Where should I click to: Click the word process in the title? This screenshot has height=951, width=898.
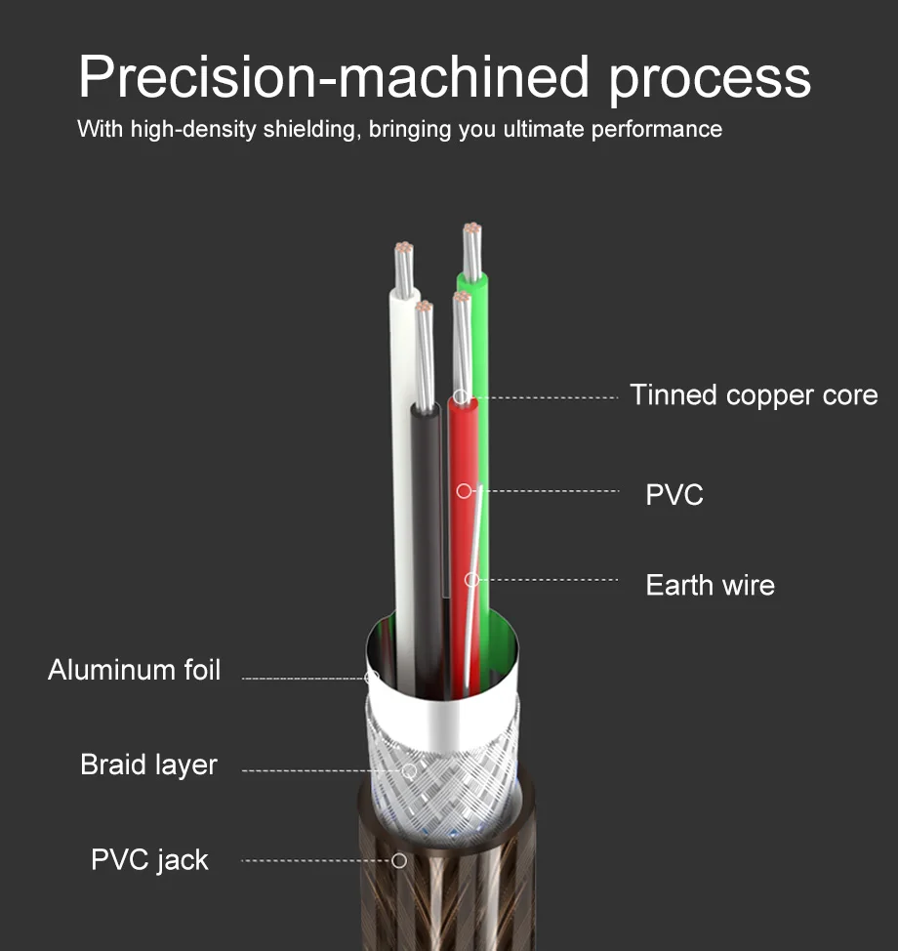click(710, 78)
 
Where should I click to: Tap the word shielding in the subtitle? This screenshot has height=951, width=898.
click(312, 129)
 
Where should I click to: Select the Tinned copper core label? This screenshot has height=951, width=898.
click(753, 395)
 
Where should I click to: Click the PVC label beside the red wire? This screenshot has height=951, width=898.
click(674, 494)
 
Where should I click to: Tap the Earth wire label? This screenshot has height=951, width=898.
click(710, 586)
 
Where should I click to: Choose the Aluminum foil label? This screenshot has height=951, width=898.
click(134, 670)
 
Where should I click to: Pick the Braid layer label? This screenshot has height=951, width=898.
click(148, 765)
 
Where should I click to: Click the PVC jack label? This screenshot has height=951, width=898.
click(149, 860)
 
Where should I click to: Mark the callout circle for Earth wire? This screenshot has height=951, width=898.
click(471, 580)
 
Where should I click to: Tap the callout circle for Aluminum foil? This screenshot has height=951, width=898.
click(371, 676)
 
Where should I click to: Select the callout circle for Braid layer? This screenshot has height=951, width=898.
click(409, 770)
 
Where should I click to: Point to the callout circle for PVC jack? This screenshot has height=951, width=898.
click(398, 860)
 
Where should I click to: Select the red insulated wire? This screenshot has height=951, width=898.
click(463, 547)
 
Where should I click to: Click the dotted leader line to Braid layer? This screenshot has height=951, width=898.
click(322, 770)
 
